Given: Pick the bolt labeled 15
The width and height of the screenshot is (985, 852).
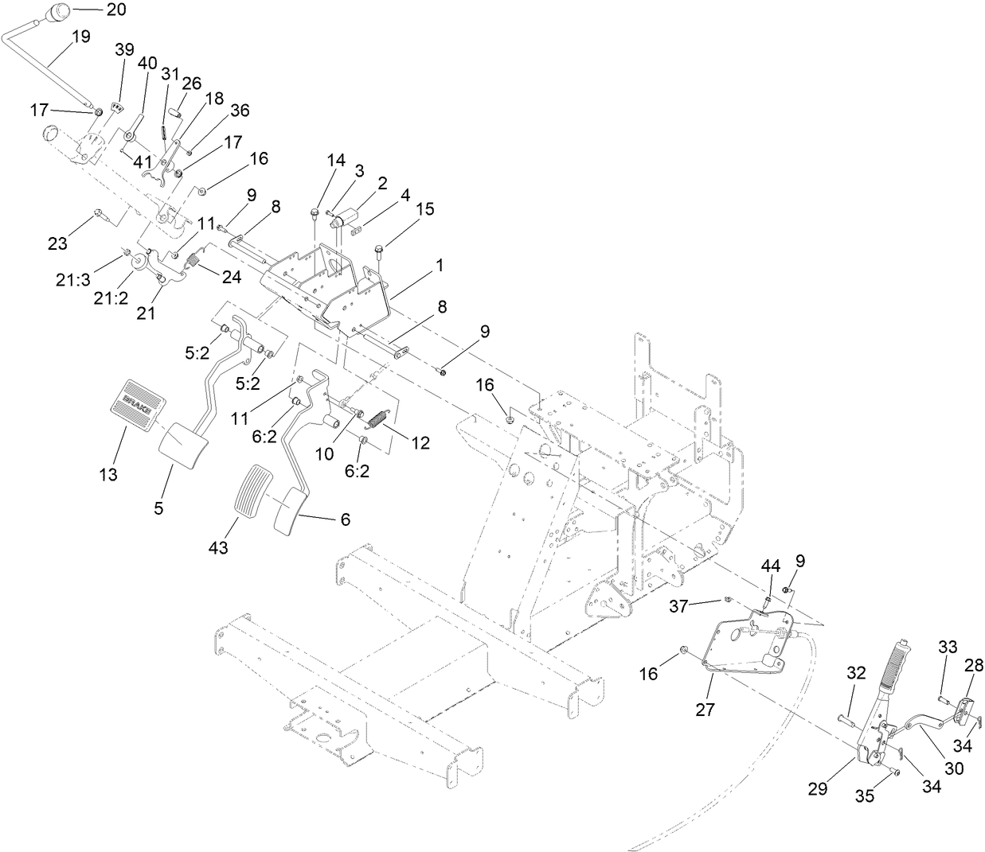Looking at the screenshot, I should pyautogui.click(x=379, y=251).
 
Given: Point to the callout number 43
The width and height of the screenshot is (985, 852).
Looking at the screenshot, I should pyautogui.click(x=217, y=547).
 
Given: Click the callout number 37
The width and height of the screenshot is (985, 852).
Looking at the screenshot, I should pyautogui.click(x=678, y=607).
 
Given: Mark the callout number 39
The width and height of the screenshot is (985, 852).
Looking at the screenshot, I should pyautogui.click(x=124, y=49).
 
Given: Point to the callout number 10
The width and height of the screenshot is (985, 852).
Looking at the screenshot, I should pyautogui.click(x=324, y=453).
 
